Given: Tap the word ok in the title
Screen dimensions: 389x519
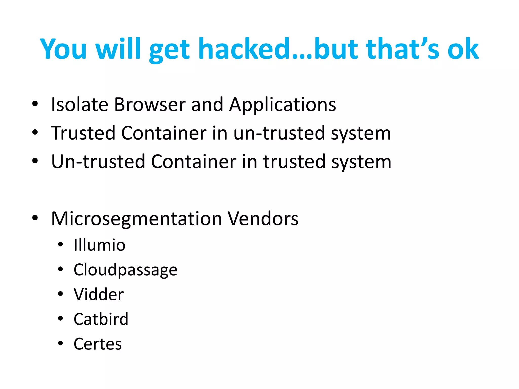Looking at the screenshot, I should pyautogui.click(x=463, y=49).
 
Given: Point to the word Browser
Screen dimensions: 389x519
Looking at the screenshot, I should pyautogui.click(x=150, y=104).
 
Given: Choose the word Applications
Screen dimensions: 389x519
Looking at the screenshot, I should pyautogui.click(x=282, y=105).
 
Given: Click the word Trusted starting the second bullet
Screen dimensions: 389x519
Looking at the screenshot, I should pyautogui.click(x=83, y=133).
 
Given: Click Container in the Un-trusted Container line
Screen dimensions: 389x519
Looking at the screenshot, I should pyautogui.click(x=194, y=162).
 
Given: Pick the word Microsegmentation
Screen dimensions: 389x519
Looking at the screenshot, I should pyautogui.click(x=137, y=219).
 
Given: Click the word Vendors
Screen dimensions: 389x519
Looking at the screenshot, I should pyautogui.click(x=263, y=218).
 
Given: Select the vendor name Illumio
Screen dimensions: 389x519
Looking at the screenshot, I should pyautogui.click(x=100, y=245).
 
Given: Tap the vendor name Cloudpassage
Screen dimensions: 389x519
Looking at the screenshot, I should pyautogui.click(x=125, y=270).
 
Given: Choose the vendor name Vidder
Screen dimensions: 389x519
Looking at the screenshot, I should pyautogui.click(x=99, y=295).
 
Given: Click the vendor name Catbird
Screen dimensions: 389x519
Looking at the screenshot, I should pyautogui.click(x=101, y=319).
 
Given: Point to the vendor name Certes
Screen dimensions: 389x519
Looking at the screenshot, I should pyautogui.click(x=98, y=344).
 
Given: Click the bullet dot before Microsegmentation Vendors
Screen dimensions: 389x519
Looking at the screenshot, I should pyautogui.click(x=35, y=218).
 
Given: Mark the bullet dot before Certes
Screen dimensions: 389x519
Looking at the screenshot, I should pyautogui.click(x=60, y=343).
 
